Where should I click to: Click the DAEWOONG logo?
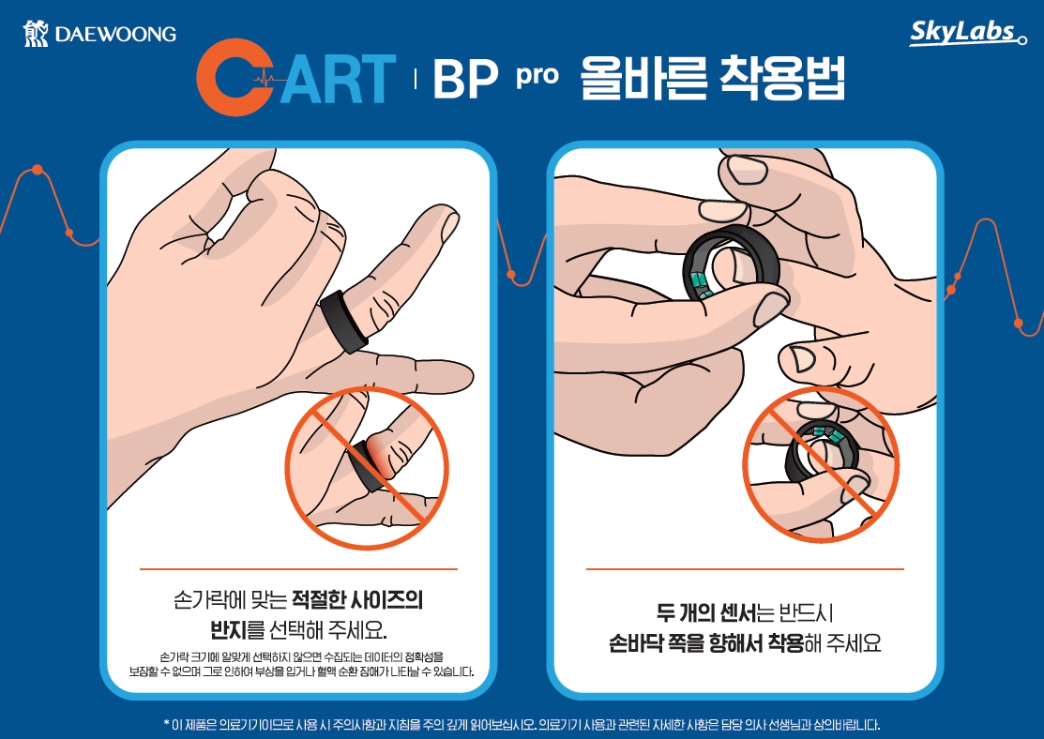[99, 34]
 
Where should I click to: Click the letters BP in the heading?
[464, 82]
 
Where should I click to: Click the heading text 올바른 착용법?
[713, 80]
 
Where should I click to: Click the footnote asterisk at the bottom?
[165, 725]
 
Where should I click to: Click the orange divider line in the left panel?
[298, 568]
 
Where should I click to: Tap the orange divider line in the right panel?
[745, 568]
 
